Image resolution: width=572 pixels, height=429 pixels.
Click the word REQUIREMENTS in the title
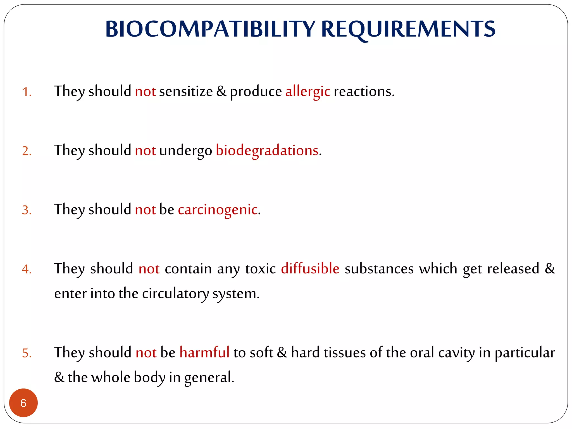coord(408,29)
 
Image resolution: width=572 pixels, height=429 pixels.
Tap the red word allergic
coord(308,92)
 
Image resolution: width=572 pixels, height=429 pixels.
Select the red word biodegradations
coord(267,151)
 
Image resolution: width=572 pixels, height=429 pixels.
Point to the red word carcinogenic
coord(218,210)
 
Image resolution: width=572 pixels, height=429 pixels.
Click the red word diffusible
coord(310,269)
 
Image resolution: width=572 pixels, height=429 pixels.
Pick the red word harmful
coord(204,352)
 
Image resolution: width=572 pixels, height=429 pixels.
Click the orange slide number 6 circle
coord(23,403)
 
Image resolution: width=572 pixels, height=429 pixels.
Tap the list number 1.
coord(27,92)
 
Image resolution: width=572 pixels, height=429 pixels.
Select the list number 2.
coord(27,151)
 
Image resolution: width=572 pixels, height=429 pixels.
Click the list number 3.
coord(27,210)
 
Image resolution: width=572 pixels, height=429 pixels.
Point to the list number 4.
coord(27,269)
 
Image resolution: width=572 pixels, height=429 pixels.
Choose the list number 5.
coord(27,353)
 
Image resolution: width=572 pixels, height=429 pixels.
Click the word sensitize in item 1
coord(186,92)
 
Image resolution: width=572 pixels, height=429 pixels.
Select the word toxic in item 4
coord(260,269)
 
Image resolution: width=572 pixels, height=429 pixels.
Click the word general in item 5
coord(209,378)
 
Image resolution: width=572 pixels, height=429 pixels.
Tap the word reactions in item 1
coord(364,92)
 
